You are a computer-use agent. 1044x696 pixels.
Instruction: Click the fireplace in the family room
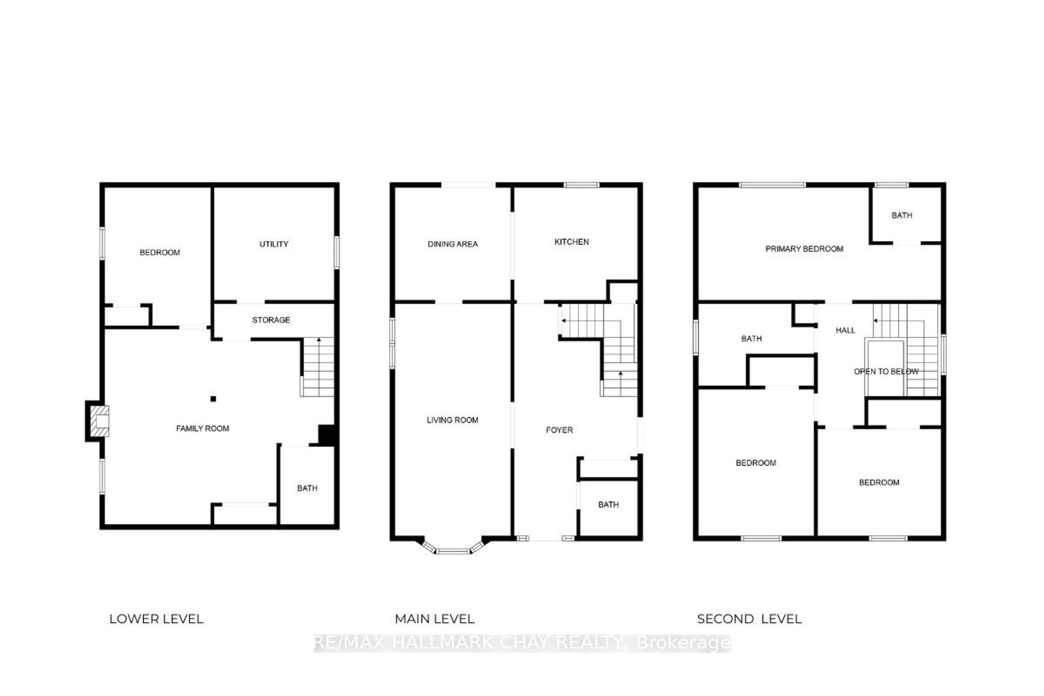point(99,421)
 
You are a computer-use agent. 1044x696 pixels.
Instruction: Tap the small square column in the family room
point(213,398)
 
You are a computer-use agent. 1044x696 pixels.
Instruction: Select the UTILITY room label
point(274,244)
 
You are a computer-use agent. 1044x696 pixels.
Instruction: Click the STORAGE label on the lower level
point(271,320)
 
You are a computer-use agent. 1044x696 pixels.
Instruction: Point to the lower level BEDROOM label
point(160,252)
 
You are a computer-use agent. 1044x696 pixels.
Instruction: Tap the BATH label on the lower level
point(307,488)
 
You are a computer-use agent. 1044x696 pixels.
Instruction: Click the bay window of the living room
point(452,548)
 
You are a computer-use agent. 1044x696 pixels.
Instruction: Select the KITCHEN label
point(572,242)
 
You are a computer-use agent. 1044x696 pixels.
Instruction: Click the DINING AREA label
point(452,244)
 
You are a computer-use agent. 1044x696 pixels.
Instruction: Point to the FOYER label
point(559,430)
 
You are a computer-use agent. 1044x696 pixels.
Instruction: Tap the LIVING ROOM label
point(452,420)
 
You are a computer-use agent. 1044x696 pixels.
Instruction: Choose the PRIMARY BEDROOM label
point(804,249)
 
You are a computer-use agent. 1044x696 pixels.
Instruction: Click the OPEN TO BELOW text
point(886,372)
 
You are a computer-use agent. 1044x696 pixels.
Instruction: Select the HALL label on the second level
point(845,330)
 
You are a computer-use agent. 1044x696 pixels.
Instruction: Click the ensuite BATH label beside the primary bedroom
point(902,216)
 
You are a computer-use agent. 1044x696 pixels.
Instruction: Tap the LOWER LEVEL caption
point(156,619)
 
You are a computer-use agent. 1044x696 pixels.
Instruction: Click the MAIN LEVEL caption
point(434,619)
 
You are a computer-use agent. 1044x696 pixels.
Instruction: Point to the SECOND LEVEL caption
point(749,619)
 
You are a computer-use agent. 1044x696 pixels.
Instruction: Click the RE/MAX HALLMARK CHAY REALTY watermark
point(522,643)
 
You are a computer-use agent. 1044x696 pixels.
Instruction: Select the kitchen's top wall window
point(582,185)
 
